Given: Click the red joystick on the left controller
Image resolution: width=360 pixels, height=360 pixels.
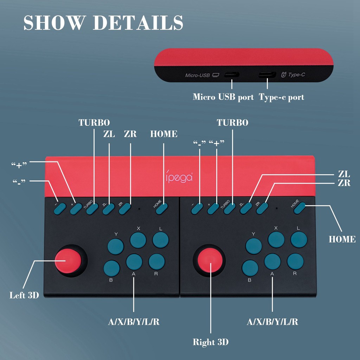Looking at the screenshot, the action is [x=68, y=261].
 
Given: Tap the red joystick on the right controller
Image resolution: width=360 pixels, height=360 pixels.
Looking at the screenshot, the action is [x=210, y=261].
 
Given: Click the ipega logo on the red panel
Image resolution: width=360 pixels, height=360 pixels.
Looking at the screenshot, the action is [x=179, y=177].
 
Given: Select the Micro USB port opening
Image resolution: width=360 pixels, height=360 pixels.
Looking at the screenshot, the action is [x=232, y=75].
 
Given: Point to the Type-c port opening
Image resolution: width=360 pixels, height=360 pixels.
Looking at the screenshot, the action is [x=267, y=75].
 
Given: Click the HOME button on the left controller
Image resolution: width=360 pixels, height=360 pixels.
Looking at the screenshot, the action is [x=162, y=209].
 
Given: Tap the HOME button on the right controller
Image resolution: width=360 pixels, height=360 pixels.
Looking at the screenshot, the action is [x=300, y=208].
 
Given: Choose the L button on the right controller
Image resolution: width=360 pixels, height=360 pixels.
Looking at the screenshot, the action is [x=299, y=240].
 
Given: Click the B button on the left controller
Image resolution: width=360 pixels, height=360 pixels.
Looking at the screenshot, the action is [x=111, y=268].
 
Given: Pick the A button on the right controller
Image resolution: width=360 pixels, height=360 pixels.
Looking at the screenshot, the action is [x=272, y=262].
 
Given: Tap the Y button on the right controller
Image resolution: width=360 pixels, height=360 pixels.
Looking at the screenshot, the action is [x=254, y=246].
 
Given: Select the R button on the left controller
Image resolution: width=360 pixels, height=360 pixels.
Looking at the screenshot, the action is [x=156, y=262].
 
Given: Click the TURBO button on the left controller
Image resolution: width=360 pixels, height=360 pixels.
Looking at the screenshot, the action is [x=92, y=209].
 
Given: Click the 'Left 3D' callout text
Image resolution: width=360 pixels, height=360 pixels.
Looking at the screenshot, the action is [x=24, y=295].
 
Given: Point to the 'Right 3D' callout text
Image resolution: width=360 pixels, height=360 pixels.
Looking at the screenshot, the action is [x=211, y=342].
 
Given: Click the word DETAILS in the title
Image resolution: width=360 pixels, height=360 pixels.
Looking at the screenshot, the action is [x=138, y=22].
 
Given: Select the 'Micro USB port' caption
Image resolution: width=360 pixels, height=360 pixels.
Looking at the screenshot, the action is [x=223, y=97].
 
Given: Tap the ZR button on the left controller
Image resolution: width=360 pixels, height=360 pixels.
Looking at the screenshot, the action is [x=125, y=209].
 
